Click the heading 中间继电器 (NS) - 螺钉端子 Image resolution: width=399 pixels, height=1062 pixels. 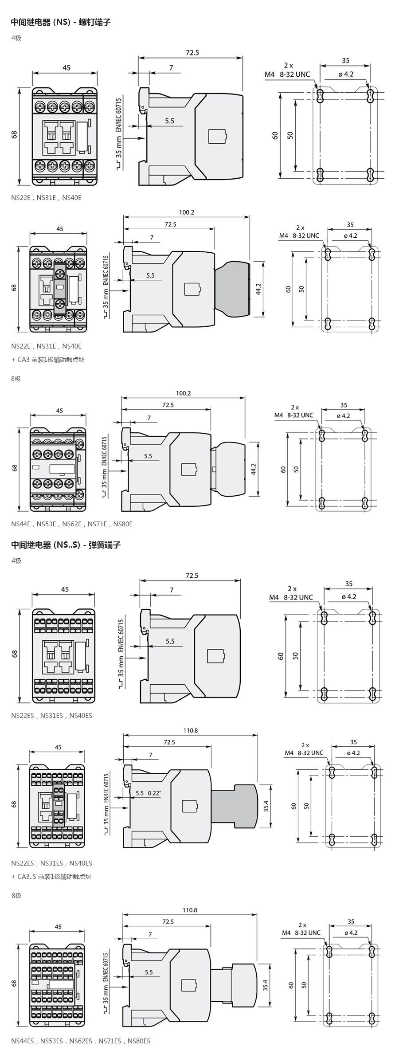[61, 22]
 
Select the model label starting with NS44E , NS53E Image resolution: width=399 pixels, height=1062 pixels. [72, 524]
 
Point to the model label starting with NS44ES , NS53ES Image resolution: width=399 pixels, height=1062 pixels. [81, 1041]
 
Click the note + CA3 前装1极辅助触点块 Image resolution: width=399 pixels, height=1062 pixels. [48, 359]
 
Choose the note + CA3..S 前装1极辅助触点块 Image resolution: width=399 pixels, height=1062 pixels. [51, 876]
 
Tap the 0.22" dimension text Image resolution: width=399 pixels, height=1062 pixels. [155, 793]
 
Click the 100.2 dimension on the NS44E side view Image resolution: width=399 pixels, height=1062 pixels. [183, 393]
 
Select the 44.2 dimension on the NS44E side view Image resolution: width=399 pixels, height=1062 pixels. [254, 469]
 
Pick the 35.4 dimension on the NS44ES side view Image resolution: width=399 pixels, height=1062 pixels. [266, 985]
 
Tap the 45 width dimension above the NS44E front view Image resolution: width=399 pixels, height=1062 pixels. [59, 411]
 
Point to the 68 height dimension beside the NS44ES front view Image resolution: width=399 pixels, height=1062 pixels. [14, 983]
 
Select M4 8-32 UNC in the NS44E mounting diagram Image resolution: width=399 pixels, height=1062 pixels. [293, 415]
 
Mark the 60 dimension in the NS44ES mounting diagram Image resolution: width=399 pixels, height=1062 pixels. [291, 985]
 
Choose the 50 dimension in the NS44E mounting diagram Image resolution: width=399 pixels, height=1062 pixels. [296, 469]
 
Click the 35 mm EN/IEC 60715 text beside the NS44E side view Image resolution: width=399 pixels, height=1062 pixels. [105, 462]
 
